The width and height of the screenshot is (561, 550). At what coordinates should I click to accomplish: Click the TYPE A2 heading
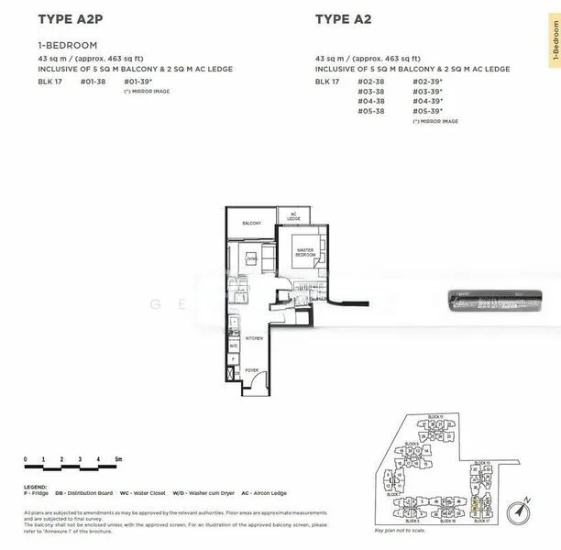(343, 18)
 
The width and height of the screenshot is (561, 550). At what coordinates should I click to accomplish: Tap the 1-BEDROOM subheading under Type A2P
(68, 45)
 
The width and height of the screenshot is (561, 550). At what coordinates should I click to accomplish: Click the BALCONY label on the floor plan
(252, 224)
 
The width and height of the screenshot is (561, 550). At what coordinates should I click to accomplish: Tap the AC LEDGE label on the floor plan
(293, 217)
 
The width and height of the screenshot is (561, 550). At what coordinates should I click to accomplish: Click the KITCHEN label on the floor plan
(254, 338)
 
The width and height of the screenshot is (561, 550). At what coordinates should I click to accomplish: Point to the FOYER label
(251, 370)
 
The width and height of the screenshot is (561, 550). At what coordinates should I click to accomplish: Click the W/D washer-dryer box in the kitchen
(234, 346)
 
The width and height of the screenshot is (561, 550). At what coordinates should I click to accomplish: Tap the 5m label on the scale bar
(118, 457)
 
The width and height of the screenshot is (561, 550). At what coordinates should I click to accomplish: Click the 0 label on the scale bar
(27, 457)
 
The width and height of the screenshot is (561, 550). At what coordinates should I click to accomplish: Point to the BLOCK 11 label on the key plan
(434, 417)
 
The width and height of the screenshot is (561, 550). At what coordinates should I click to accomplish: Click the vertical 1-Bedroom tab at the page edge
(555, 42)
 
